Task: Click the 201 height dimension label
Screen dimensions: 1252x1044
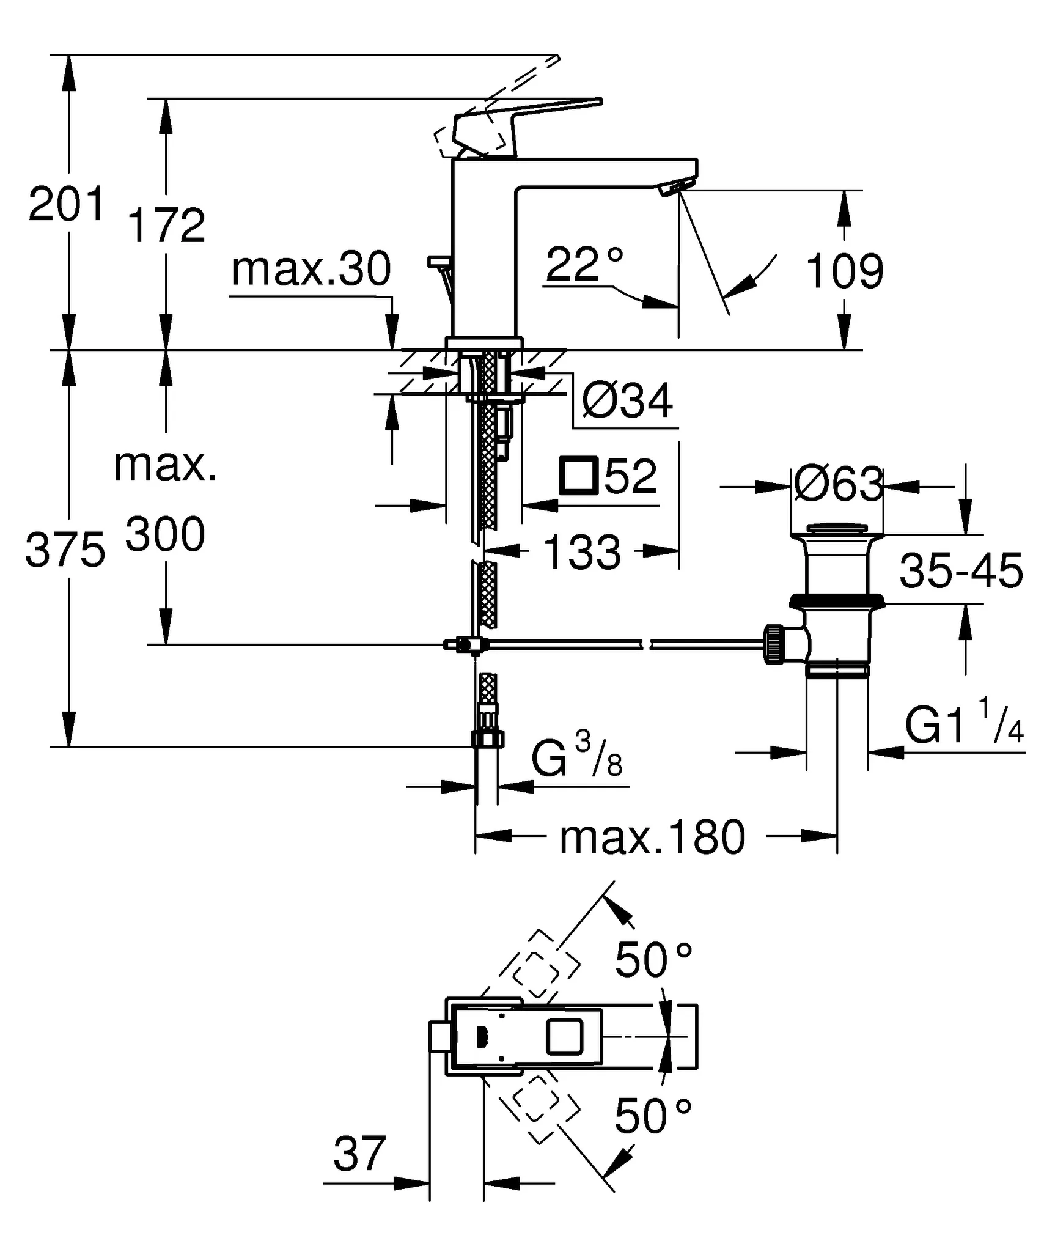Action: click(67, 205)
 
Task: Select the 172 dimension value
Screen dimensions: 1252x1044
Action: click(166, 226)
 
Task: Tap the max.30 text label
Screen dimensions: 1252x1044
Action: click(311, 270)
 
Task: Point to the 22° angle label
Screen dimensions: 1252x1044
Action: click(584, 264)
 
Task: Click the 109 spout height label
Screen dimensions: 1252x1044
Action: click(845, 271)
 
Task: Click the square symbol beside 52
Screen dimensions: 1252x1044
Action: click(578, 475)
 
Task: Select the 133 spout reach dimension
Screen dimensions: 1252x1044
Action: click(581, 552)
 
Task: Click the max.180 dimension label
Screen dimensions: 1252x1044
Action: click(652, 838)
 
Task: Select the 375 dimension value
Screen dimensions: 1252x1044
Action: click(65, 550)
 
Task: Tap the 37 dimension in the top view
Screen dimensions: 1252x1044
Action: click(359, 1154)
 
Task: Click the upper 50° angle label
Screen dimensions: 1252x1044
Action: click(653, 960)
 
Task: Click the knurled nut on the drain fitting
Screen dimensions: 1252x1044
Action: click(773, 644)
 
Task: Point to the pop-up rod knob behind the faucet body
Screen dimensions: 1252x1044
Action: click(438, 262)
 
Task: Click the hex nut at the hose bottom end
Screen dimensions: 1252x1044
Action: click(487, 740)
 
